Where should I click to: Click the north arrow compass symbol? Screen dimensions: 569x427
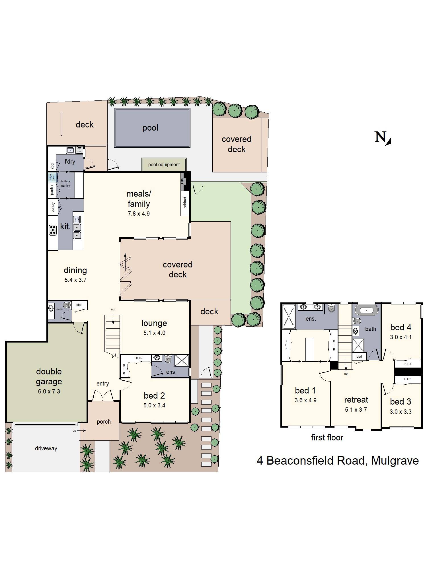383,138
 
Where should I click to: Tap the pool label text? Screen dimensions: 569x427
150,128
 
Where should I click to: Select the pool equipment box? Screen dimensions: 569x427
164,165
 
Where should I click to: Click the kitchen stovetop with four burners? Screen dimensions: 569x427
53,230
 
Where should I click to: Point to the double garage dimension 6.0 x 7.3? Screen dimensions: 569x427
49,391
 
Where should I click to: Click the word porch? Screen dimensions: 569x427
104,422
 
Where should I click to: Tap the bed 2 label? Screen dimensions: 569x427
154,396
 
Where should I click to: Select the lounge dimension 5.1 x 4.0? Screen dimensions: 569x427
154,333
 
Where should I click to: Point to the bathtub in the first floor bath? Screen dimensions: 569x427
366,310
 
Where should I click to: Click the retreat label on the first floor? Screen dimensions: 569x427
356,400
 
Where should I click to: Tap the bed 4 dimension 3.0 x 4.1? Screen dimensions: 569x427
401,337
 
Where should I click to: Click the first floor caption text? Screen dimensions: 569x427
327,438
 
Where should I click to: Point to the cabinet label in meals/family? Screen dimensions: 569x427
185,203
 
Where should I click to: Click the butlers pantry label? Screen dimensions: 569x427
65,184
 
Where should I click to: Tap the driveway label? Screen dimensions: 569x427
46,449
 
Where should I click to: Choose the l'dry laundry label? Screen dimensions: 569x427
70,162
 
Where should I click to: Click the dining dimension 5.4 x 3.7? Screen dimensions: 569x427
75,280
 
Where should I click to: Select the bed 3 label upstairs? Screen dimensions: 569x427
401,402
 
